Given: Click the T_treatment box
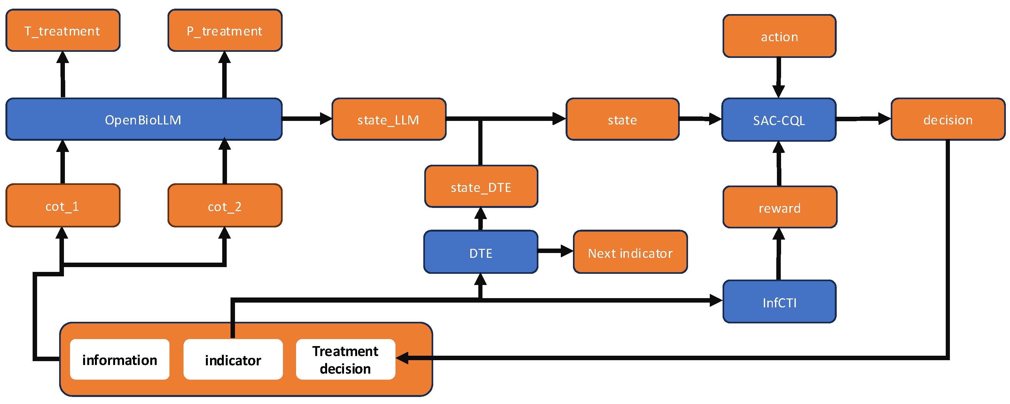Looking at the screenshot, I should (63, 31).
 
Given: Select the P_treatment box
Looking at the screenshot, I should (225, 31).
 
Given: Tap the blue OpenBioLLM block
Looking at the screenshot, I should (144, 119).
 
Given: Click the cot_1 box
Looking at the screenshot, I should (63, 206).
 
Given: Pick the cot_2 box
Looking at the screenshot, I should (225, 206).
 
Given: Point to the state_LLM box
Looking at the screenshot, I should (388, 119).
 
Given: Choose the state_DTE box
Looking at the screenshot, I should (481, 187).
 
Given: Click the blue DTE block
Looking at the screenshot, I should (481, 252).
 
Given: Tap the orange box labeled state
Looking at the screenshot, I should (622, 119).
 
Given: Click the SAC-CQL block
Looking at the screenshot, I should (779, 120).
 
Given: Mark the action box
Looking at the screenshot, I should (779, 36).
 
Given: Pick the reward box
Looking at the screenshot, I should (779, 208).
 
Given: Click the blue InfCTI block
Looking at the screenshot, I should (779, 302).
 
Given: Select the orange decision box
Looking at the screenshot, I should (948, 119).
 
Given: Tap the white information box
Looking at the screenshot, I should (120, 359).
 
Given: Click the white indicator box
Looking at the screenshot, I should (233, 359).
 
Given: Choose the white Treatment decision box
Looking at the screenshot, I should (345, 359).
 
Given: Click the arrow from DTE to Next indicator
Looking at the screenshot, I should (555, 251).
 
